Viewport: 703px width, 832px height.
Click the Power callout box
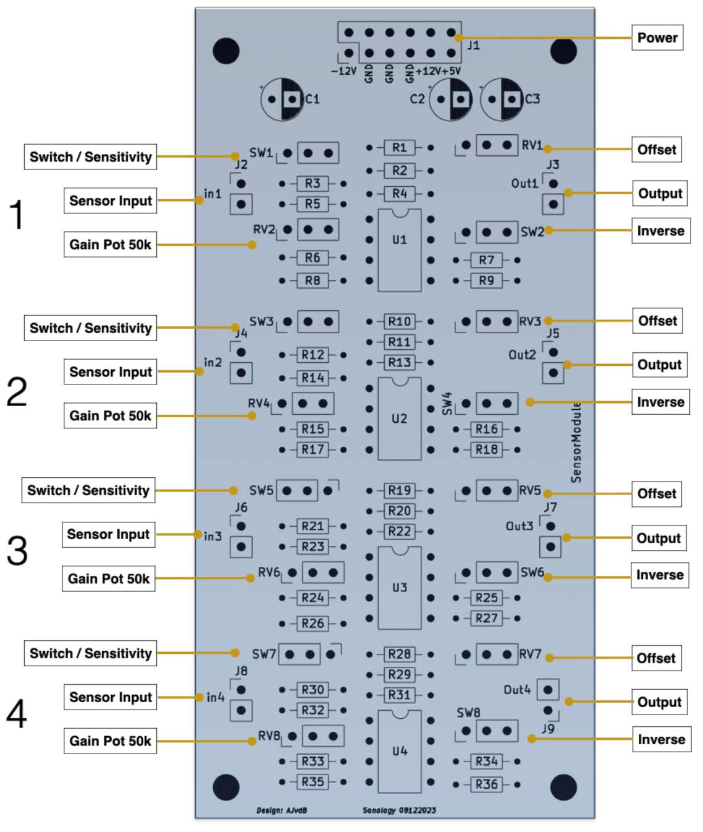point(657,38)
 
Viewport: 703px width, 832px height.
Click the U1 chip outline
point(399,250)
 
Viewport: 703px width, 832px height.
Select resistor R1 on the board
point(399,148)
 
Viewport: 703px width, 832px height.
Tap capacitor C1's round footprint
point(282,99)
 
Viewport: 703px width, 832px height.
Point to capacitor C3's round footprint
point(502,99)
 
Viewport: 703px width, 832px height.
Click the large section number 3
point(17,550)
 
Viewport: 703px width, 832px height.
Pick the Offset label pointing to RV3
point(657,321)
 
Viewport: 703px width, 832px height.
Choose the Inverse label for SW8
point(660,739)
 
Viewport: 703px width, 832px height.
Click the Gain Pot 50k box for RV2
point(110,245)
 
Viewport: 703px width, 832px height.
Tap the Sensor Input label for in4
point(110,697)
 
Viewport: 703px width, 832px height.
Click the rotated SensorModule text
point(576,442)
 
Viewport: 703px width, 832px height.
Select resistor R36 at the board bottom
point(486,784)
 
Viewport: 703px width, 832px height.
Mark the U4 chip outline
point(399,751)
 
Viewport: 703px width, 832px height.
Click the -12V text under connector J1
point(343,71)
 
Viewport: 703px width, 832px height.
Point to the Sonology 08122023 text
point(399,810)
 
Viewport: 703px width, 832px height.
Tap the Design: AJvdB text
point(282,810)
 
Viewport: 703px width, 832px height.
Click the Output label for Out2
point(659,365)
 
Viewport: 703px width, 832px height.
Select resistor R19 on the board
point(399,490)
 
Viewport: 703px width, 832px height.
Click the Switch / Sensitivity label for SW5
point(88,491)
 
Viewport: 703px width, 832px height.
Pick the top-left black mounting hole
point(226,51)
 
